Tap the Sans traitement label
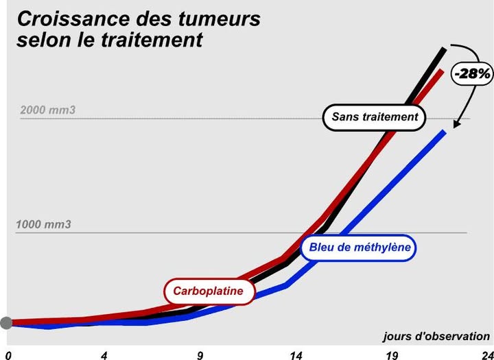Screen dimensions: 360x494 point(375,117)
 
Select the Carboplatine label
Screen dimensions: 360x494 point(208,291)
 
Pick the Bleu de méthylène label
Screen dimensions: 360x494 point(359,248)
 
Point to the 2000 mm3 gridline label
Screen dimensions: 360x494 point(48,110)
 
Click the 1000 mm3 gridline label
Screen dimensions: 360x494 point(44,224)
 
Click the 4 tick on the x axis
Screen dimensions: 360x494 point(104,355)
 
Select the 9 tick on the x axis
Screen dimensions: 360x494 point(200,355)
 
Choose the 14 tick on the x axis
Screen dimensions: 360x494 point(296,355)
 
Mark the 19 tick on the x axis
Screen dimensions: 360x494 point(392,355)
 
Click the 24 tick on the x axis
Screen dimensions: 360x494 point(486,355)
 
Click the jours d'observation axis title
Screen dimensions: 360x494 point(436,337)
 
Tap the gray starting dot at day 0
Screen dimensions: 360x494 point(6,323)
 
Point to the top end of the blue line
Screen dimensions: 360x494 point(445,132)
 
